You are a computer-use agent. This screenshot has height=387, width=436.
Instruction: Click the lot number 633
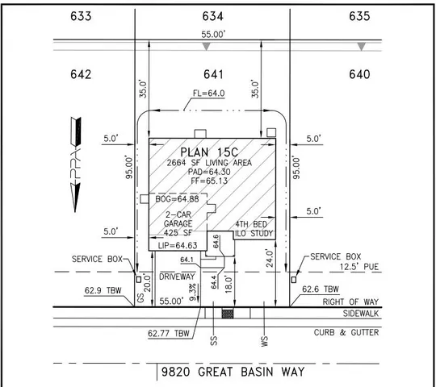[x=81, y=16]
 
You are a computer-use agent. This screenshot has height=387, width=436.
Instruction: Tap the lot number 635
[x=359, y=16]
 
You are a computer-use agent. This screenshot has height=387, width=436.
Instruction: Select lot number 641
[x=213, y=74]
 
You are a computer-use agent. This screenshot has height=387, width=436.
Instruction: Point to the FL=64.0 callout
[x=208, y=94]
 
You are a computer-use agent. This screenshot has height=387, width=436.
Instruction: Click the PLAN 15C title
[x=209, y=152]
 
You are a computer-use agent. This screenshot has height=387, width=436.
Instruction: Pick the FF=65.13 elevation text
[x=209, y=181]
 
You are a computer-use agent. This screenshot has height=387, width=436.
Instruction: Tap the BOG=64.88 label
[x=177, y=199]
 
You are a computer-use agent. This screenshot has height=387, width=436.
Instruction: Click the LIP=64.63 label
[x=178, y=245]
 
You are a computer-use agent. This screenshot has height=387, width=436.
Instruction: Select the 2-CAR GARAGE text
[x=178, y=219]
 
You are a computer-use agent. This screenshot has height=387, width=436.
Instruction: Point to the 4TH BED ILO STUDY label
[x=254, y=229]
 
